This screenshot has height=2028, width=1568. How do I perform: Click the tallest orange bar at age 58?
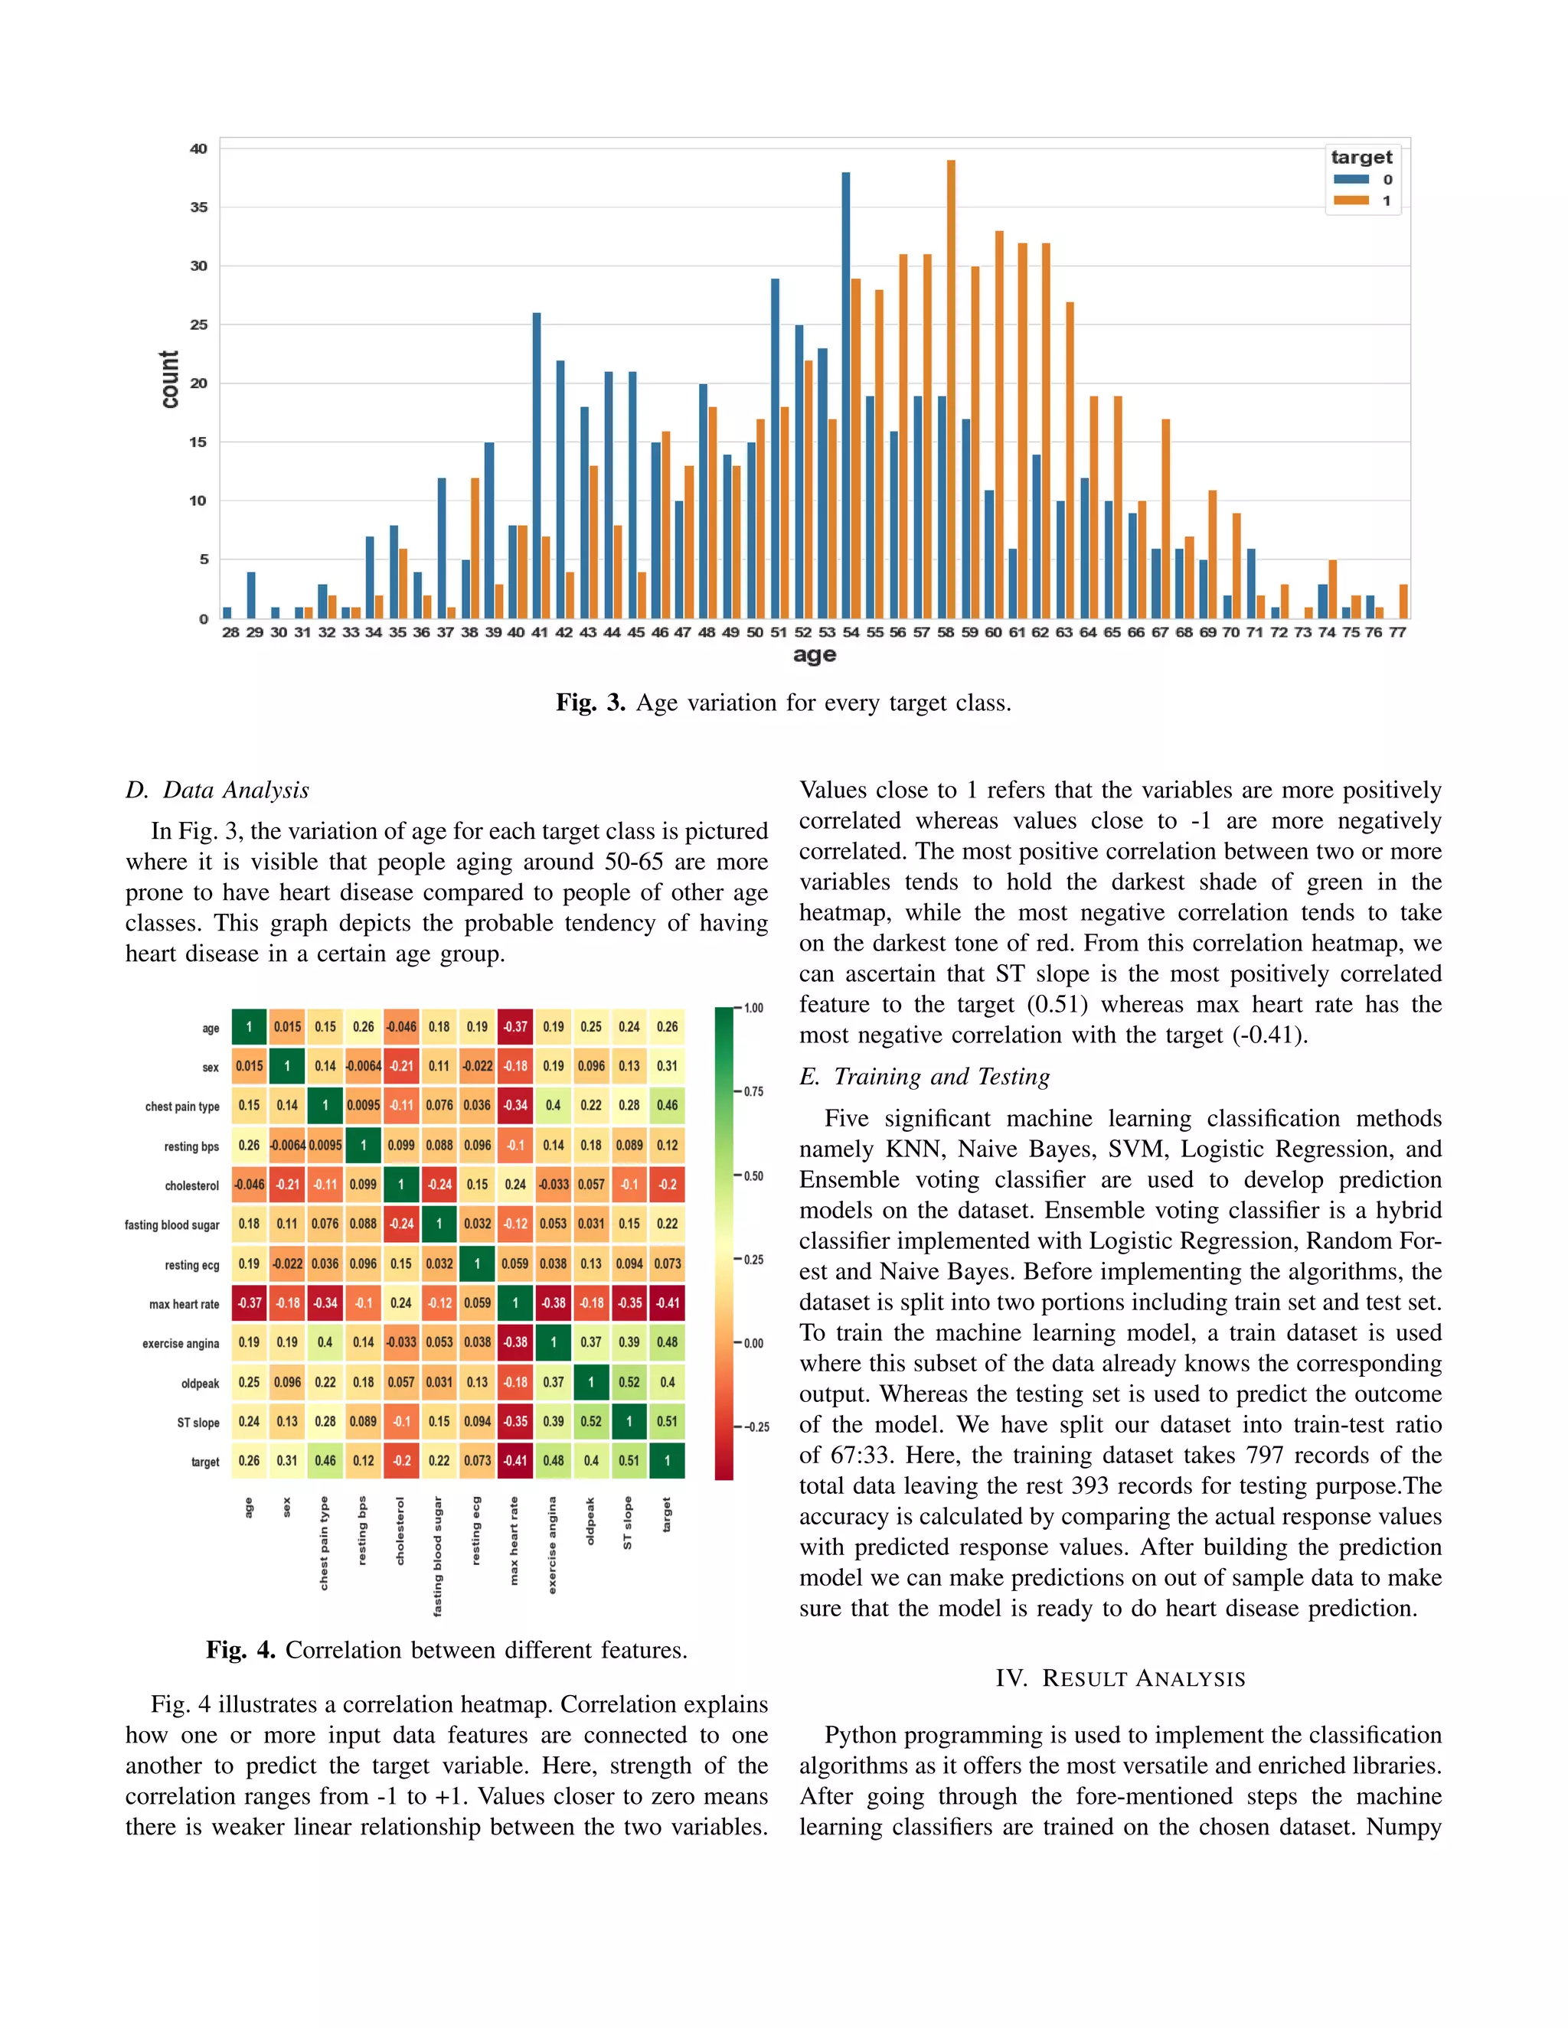pos(951,390)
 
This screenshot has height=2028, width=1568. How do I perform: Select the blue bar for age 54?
pos(845,395)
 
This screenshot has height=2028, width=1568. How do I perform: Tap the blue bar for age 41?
pos(536,465)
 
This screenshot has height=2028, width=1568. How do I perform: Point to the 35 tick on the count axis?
pos(199,207)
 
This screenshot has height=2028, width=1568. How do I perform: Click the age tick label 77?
pos(1397,632)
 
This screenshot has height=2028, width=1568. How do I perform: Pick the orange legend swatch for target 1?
pos(1351,201)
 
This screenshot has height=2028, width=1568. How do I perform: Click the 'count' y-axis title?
pos(169,379)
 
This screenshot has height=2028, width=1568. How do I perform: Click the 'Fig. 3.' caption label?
pos(591,703)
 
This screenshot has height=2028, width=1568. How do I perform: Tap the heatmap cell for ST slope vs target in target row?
pos(629,1461)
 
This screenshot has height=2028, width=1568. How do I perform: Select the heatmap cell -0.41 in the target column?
pos(667,1303)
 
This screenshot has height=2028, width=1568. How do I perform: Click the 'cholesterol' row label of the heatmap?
pos(192,1185)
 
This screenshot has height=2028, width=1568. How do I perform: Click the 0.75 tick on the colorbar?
pos(753,1092)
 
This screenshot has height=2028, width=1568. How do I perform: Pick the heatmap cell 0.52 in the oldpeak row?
pos(629,1381)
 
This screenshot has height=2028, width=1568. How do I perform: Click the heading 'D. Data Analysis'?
pos(217,791)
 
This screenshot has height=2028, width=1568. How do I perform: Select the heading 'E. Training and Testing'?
pos(924,1078)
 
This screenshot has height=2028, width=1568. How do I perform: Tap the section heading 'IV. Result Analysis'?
pos(1120,1679)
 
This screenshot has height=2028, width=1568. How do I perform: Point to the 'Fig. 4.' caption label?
pos(240,1650)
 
